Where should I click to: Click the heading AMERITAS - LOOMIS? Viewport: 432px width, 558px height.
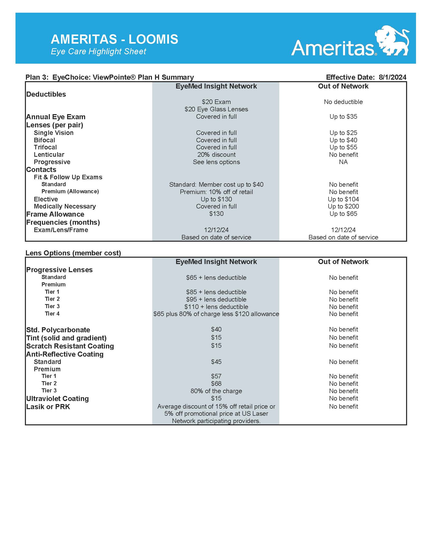(x=114, y=39)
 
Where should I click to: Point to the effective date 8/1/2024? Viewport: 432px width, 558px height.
(x=392, y=77)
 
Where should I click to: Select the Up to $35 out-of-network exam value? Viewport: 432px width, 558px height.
(x=343, y=116)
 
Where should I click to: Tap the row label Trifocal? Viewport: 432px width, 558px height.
(x=45, y=147)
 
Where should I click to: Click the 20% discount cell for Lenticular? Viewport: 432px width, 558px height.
(x=216, y=154)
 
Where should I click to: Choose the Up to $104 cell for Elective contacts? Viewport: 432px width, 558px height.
(x=343, y=199)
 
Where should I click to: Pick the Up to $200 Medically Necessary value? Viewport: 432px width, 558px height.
(x=343, y=206)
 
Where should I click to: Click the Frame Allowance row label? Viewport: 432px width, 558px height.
(x=55, y=214)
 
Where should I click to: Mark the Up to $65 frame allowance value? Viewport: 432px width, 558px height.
(x=343, y=214)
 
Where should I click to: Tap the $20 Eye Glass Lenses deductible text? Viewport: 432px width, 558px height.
(x=216, y=109)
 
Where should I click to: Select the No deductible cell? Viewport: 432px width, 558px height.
(x=343, y=102)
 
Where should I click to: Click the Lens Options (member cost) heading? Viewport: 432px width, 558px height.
(x=73, y=253)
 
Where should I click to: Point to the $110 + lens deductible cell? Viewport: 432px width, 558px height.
(x=216, y=307)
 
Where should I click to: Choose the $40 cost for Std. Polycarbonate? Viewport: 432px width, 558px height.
(x=216, y=329)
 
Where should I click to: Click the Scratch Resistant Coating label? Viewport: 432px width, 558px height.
(x=70, y=346)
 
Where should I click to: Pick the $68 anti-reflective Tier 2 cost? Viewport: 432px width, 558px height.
(x=216, y=383)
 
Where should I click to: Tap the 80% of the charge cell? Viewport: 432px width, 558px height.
(x=216, y=391)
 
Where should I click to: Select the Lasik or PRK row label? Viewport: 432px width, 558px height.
(x=48, y=407)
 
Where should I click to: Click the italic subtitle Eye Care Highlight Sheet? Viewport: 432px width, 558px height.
(x=98, y=51)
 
